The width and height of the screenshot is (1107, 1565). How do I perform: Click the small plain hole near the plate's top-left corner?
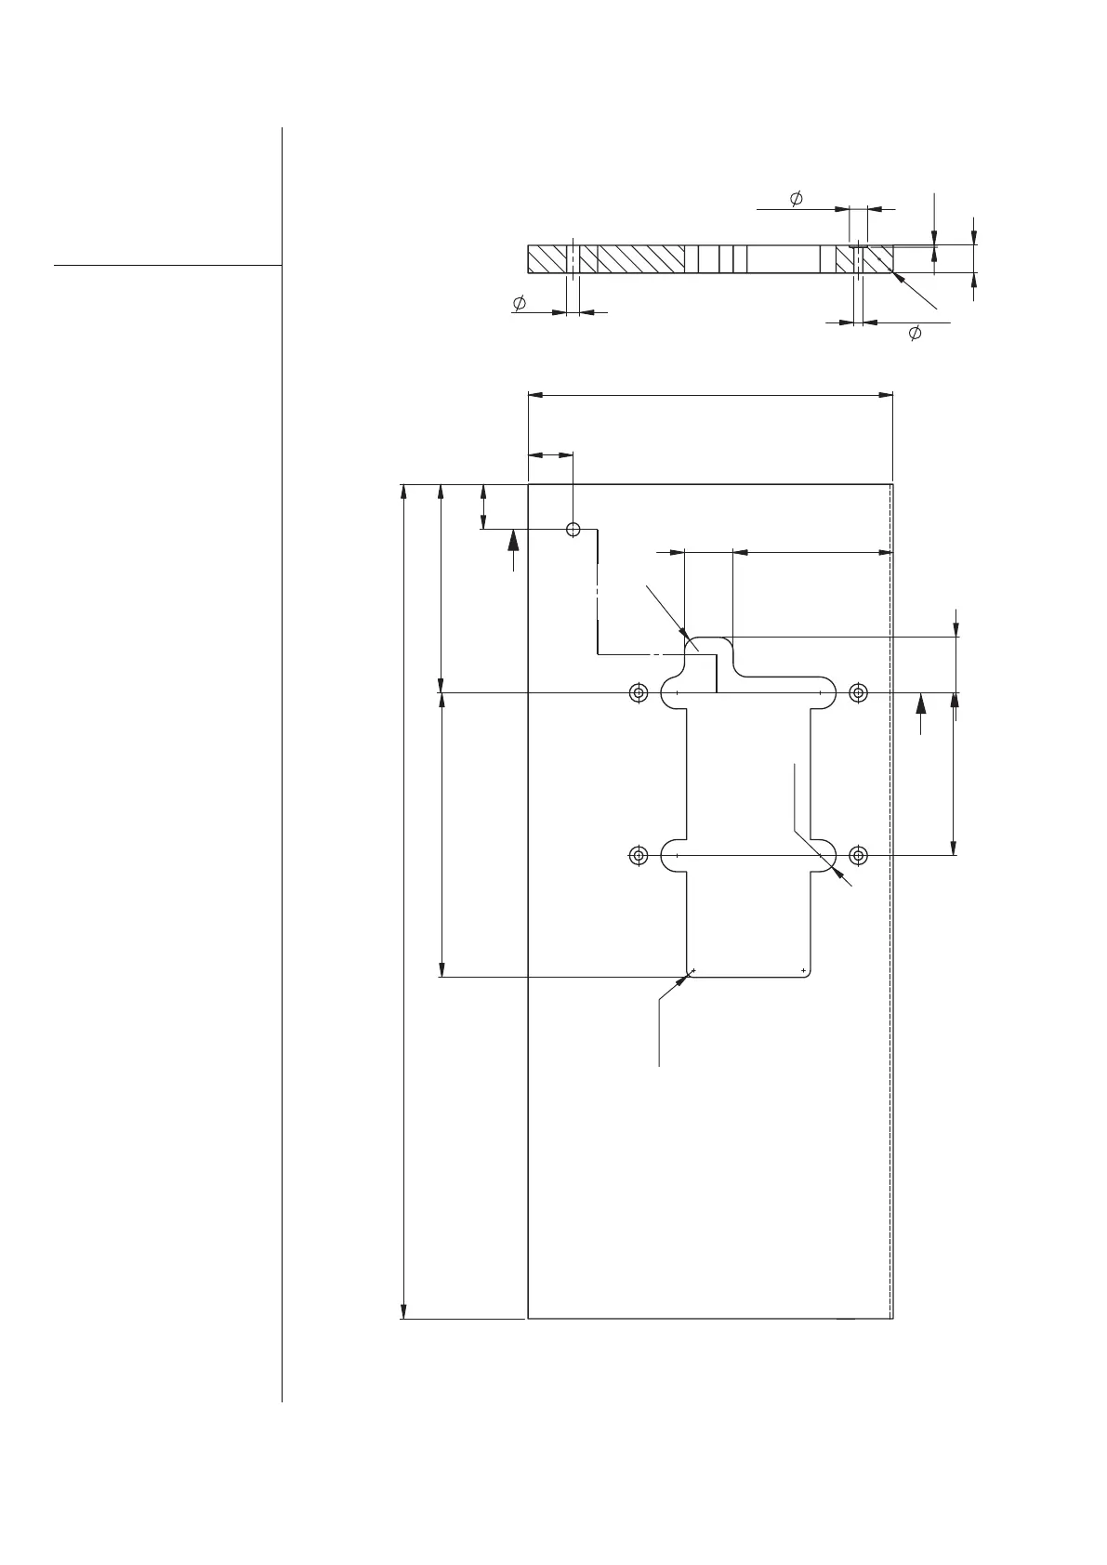click(x=573, y=529)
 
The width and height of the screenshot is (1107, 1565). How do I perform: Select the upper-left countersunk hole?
click(x=638, y=692)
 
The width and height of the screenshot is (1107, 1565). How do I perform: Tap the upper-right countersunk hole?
click(x=858, y=692)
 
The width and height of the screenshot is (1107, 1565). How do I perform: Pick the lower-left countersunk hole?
click(x=638, y=855)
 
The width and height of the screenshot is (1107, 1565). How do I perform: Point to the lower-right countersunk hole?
click(x=858, y=855)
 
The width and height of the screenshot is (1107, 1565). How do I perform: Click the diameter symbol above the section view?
click(x=797, y=199)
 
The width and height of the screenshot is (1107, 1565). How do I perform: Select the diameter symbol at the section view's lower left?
click(x=520, y=303)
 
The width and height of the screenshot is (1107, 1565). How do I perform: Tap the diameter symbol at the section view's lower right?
click(x=915, y=333)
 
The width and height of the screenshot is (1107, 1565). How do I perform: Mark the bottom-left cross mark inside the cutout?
click(x=693, y=970)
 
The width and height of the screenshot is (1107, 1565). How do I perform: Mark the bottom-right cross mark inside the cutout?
click(x=803, y=970)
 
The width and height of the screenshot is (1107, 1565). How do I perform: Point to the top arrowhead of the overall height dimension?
click(x=403, y=492)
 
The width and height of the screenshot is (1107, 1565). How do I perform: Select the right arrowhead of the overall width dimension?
click(x=885, y=396)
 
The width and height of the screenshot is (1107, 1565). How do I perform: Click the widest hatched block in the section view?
click(x=640, y=259)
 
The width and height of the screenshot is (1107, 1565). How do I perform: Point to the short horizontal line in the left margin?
click(x=167, y=265)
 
